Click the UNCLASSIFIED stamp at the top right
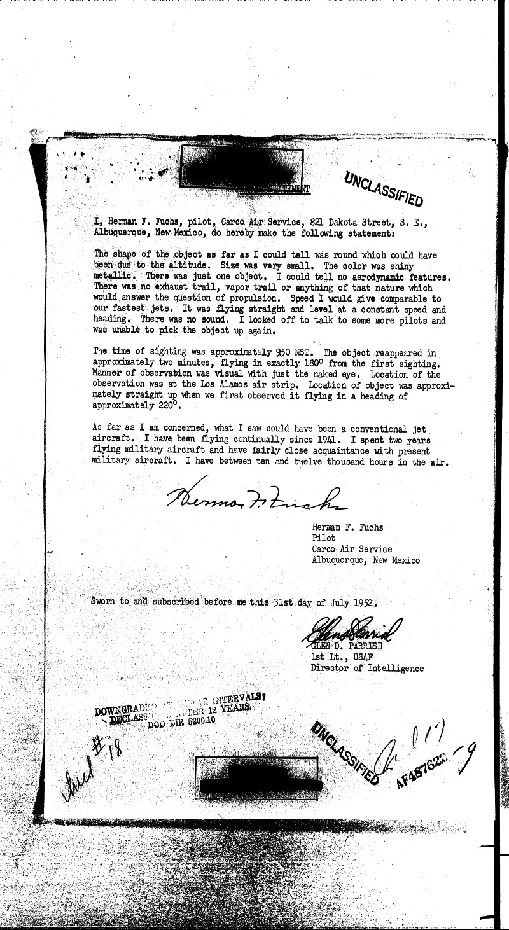(x=384, y=190)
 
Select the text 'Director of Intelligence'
(x=367, y=668)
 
